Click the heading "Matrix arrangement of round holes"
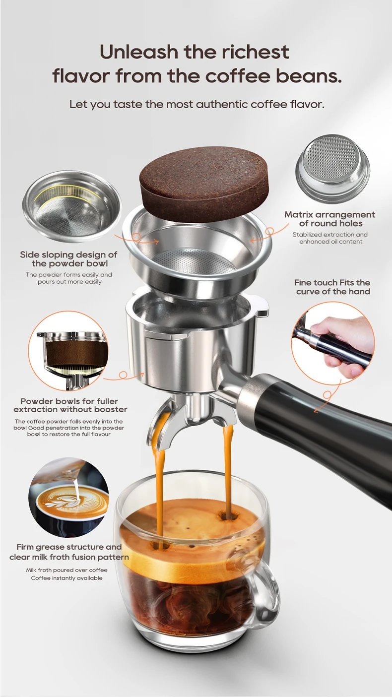(329, 219)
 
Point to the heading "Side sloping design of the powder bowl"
(68, 259)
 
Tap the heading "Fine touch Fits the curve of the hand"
(332, 287)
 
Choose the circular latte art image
(68, 498)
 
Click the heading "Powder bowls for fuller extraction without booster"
(69, 405)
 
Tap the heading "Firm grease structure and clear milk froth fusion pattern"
(69, 552)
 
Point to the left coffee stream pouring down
(159, 476)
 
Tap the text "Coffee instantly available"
(66, 578)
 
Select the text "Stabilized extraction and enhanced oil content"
(330, 238)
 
